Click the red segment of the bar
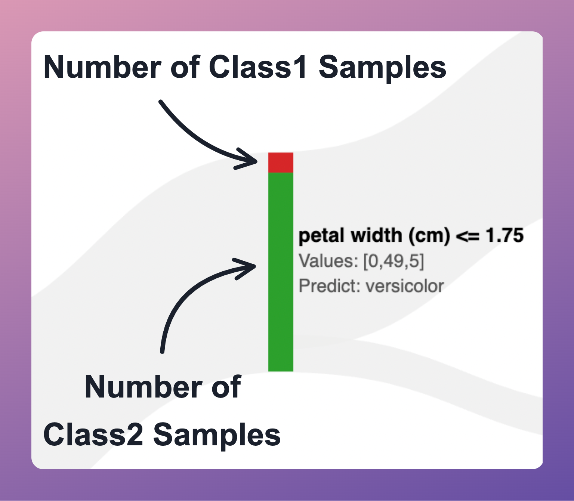281,163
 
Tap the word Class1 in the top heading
258,67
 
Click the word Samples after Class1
382,67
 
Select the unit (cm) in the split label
429,236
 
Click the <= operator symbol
467,236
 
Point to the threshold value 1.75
504,235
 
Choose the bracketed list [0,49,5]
394,261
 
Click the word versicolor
405,286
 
